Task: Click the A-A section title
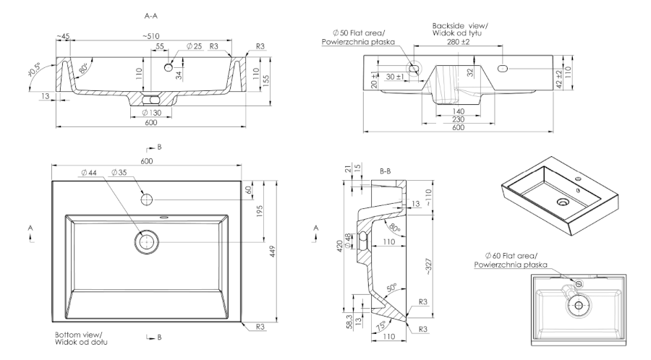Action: click(152, 14)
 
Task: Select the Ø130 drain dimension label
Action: click(151, 113)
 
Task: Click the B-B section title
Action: click(386, 173)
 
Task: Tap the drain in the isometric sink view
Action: click(561, 202)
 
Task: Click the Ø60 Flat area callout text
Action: click(511, 260)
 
